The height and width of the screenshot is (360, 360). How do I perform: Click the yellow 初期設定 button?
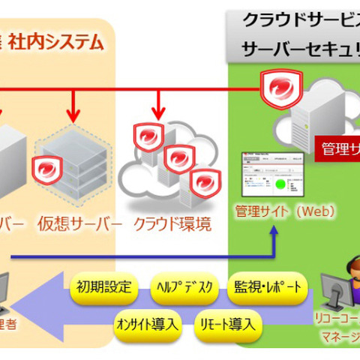(103, 287)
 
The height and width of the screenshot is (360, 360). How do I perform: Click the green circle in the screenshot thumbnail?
(280, 184)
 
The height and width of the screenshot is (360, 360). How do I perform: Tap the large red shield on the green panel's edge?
(280, 91)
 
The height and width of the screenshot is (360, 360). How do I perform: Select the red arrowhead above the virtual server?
(73, 115)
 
